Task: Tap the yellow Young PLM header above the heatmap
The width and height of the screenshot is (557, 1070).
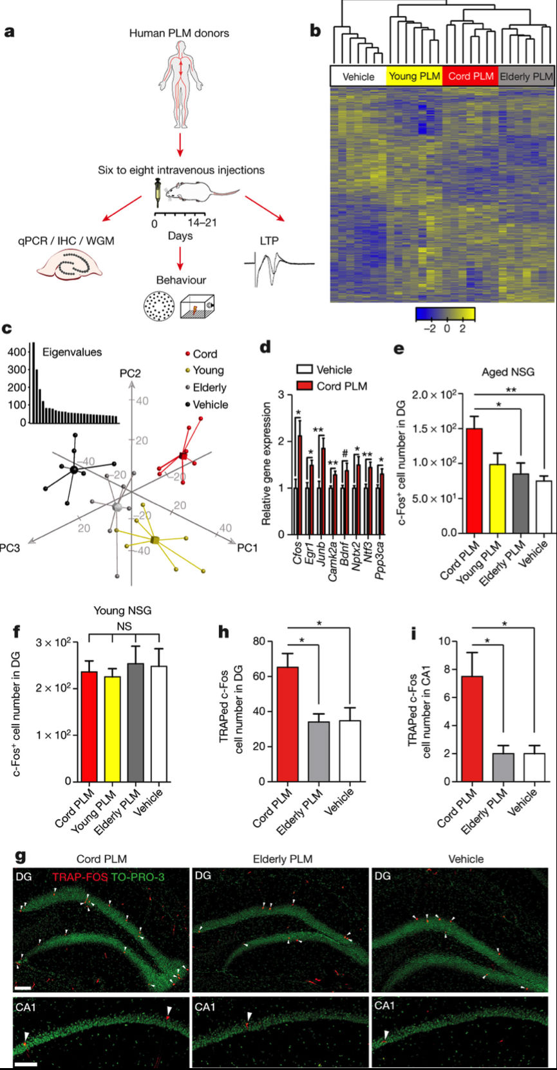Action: tap(415, 76)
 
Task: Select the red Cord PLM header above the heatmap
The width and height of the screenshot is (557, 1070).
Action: tap(471, 76)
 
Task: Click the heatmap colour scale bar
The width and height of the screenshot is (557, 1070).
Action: tap(445, 313)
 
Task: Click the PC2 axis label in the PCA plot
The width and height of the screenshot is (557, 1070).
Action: tap(130, 373)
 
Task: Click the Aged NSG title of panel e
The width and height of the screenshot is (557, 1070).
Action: tap(507, 372)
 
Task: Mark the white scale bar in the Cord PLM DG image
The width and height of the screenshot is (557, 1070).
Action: tap(22, 987)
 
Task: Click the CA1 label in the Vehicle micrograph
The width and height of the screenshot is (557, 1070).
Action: tap(384, 1006)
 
